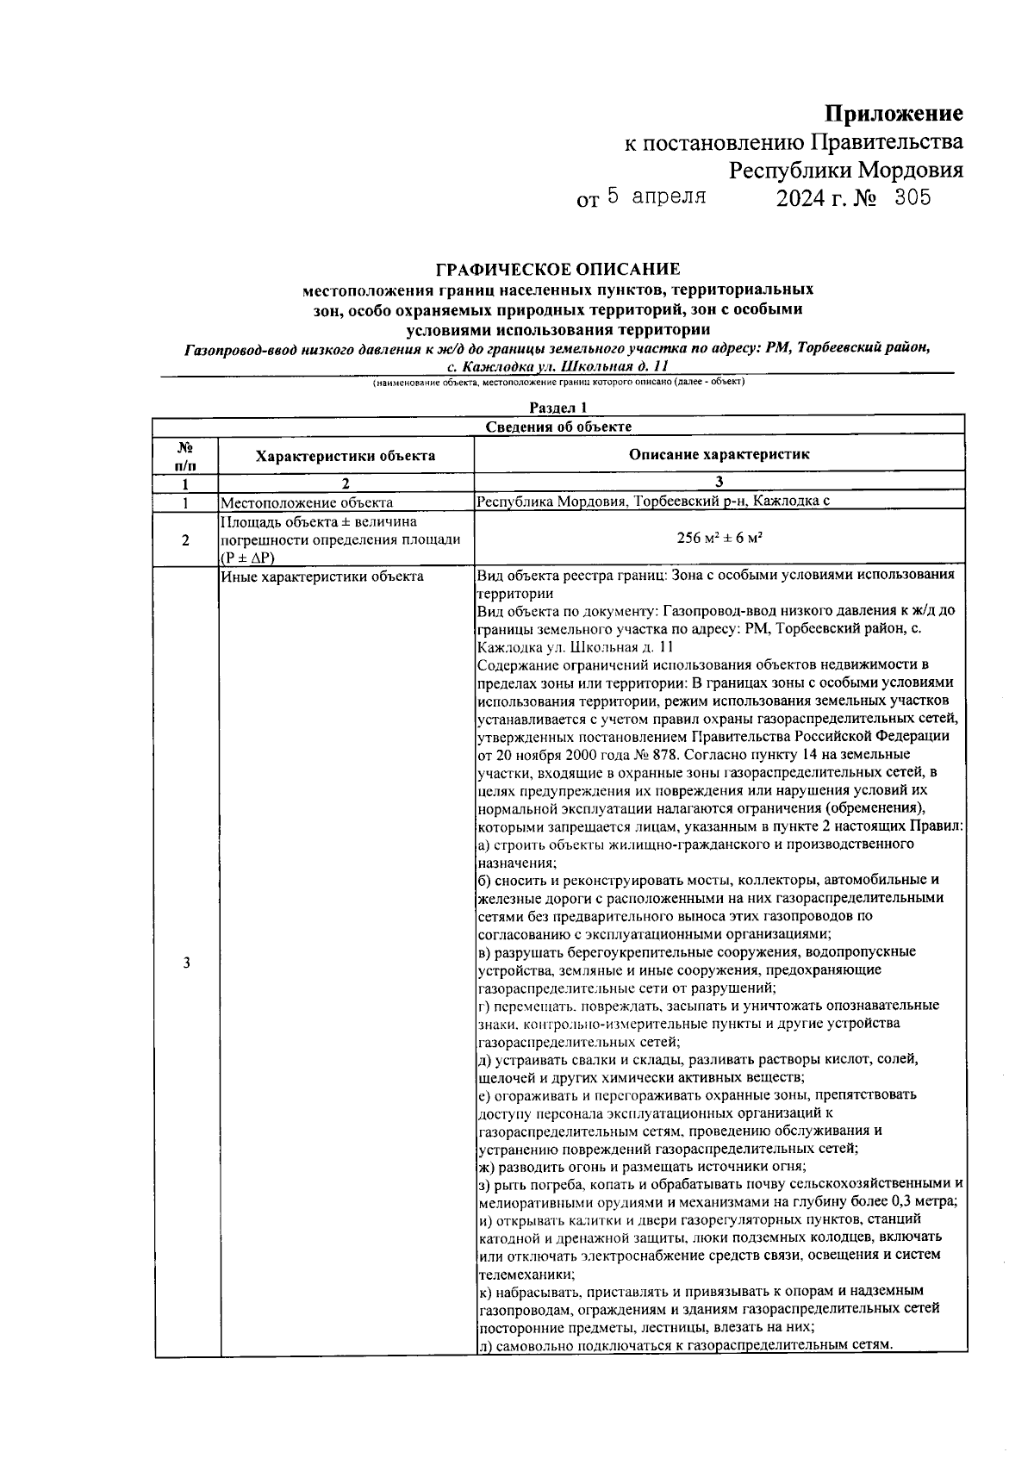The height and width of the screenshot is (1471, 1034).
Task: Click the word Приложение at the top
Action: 894,114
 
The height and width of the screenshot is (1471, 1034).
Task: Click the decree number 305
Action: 912,198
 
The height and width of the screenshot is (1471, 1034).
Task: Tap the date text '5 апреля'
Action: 657,196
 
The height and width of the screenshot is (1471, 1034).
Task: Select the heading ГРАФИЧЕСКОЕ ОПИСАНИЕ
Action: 557,270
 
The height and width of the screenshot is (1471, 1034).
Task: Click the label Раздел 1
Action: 557,408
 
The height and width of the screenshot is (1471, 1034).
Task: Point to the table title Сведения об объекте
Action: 557,427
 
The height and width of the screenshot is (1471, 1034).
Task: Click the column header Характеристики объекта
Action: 346,456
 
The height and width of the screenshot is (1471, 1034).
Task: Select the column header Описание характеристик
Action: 719,455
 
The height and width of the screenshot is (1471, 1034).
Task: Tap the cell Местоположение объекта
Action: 308,502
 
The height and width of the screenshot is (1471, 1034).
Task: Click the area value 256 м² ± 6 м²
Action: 719,539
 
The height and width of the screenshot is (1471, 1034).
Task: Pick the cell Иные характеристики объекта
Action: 322,577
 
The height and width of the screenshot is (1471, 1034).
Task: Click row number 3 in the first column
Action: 186,963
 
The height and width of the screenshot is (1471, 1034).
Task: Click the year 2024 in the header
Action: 800,199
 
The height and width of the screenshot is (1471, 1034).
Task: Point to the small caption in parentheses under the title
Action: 557,382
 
